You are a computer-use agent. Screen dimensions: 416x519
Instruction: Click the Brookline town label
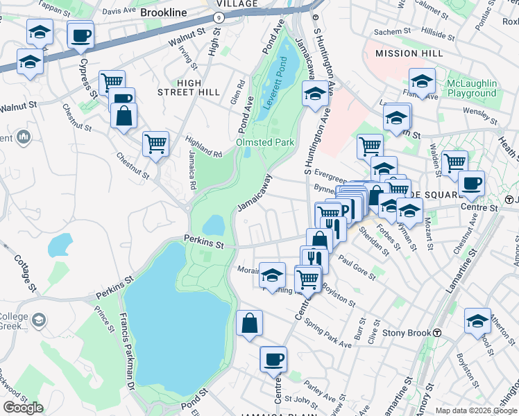(x=163, y=12)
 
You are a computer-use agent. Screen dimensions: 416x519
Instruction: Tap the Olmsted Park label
(x=266, y=142)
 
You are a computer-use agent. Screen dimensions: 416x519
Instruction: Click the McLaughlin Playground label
(x=472, y=88)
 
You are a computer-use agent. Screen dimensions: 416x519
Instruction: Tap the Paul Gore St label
(x=357, y=267)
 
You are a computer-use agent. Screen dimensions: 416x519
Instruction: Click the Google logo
(x=23, y=408)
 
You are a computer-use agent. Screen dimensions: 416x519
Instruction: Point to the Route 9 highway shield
(x=219, y=15)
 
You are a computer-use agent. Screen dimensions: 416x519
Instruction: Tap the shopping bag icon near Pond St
(x=249, y=324)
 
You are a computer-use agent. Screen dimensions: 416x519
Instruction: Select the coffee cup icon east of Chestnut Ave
(x=471, y=184)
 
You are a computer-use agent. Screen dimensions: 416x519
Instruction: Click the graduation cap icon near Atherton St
(x=477, y=321)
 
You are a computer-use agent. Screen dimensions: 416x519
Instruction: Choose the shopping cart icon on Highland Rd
(x=155, y=144)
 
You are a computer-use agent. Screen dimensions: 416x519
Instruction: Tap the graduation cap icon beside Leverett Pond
(x=315, y=94)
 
